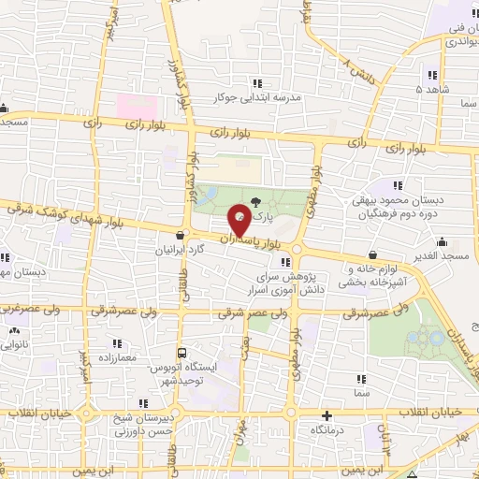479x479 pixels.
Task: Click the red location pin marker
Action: tap(240, 220)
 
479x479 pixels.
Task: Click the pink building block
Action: tap(138, 104)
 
